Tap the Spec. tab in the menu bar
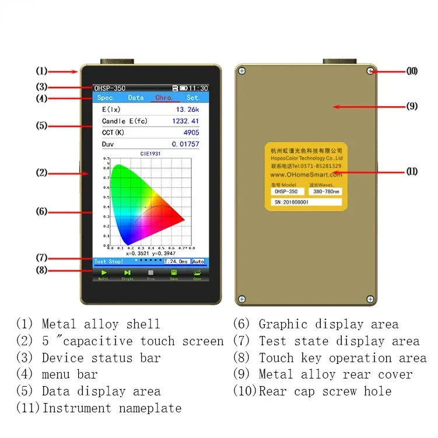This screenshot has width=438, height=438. (106, 98)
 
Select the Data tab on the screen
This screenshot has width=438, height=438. (136, 98)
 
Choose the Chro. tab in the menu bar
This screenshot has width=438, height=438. (164, 98)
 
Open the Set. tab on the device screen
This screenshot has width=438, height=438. (192, 98)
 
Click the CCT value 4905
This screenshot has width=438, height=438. (191, 132)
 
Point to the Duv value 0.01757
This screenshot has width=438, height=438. (185, 144)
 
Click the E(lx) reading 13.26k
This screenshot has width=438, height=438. (187, 110)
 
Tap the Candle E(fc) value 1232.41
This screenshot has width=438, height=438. (185, 121)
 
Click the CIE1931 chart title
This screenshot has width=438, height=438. (150, 153)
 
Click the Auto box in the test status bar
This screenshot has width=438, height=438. (198, 262)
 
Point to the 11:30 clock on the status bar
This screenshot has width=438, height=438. (198, 88)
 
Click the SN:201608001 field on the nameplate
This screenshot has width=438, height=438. (306, 202)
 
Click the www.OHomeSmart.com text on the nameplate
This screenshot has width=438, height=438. (306, 174)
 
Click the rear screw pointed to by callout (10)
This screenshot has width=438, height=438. (370, 71)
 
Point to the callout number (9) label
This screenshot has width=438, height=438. (412, 107)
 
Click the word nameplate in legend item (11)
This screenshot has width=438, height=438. (150, 408)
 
